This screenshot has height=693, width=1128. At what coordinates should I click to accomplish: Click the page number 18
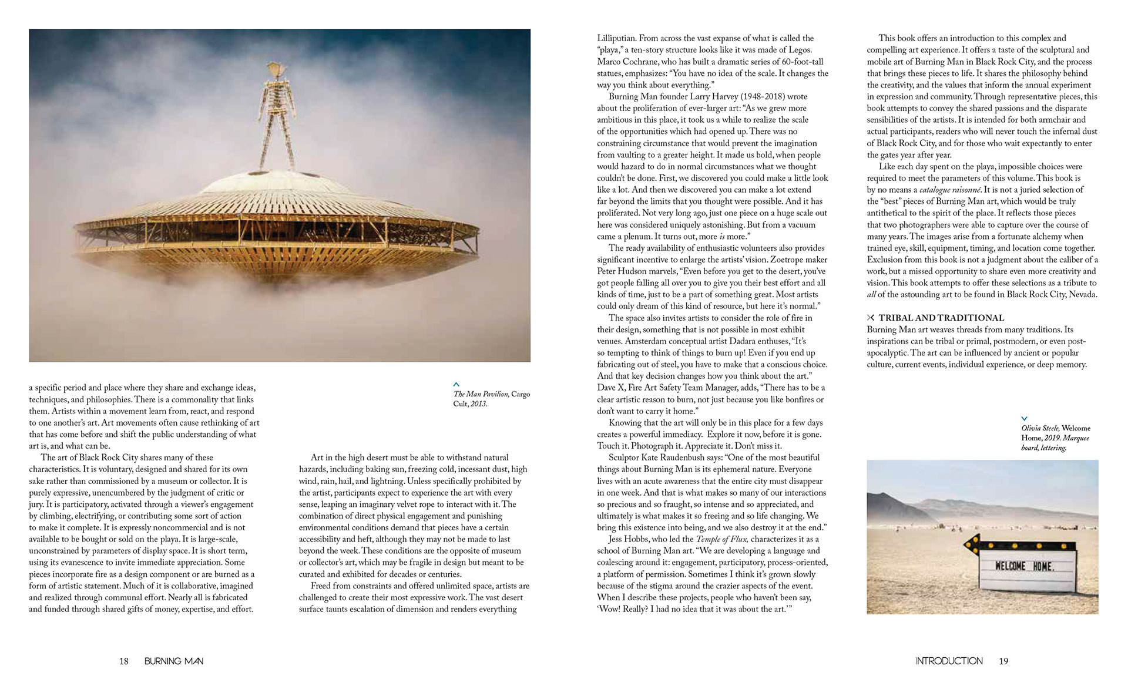(x=124, y=661)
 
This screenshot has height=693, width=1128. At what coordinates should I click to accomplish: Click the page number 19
(x=1003, y=661)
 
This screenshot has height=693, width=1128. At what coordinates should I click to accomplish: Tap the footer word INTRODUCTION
(x=948, y=661)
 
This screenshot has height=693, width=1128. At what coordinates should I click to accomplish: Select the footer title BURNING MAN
(x=174, y=661)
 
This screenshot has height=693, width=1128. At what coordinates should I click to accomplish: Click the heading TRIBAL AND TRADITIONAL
(x=941, y=318)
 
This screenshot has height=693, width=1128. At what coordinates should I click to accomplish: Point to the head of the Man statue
(x=273, y=70)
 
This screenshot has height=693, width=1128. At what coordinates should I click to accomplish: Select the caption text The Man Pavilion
(x=481, y=394)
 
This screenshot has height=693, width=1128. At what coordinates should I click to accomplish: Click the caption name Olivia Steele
(x=1040, y=428)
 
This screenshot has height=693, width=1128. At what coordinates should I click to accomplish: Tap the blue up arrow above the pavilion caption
(x=456, y=385)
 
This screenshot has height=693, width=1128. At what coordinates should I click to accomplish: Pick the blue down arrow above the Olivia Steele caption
(x=1025, y=419)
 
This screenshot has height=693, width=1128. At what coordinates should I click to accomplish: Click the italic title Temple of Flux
(x=721, y=539)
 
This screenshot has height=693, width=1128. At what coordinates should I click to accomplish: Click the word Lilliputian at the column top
(x=616, y=38)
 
